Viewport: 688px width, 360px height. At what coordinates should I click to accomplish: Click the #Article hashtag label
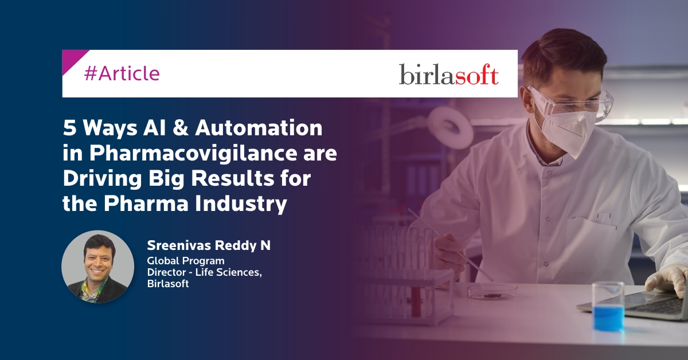click(x=122, y=73)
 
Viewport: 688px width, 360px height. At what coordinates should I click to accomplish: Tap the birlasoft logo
click(x=449, y=74)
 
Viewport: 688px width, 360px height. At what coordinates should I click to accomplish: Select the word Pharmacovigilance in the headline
click(x=193, y=152)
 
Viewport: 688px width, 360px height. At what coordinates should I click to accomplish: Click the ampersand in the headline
click(x=181, y=127)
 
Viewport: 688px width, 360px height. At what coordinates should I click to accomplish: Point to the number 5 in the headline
click(x=69, y=128)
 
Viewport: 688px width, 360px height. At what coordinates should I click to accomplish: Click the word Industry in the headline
click(x=241, y=204)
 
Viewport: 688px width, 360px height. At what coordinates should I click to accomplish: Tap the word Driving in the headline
click(x=102, y=178)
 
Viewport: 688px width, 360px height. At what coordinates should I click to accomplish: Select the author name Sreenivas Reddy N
click(x=209, y=245)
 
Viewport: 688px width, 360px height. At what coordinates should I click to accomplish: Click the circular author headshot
click(x=97, y=267)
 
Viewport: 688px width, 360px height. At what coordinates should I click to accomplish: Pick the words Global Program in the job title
click(x=186, y=261)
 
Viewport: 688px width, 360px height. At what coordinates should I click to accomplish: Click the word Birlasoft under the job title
click(x=167, y=284)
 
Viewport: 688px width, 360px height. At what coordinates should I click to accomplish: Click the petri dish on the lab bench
click(x=492, y=292)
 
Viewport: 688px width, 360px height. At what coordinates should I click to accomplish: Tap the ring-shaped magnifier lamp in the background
click(x=450, y=128)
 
